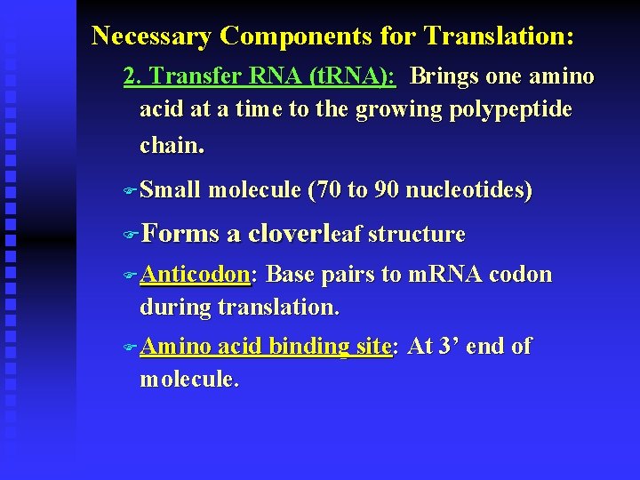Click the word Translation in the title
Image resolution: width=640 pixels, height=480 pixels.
[x=500, y=36]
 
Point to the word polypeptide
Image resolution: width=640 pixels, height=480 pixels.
[x=510, y=110]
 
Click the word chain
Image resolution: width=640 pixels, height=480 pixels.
[x=171, y=144]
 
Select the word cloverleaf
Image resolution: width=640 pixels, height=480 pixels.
[x=304, y=234]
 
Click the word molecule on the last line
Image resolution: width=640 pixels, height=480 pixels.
[x=188, y=380]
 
